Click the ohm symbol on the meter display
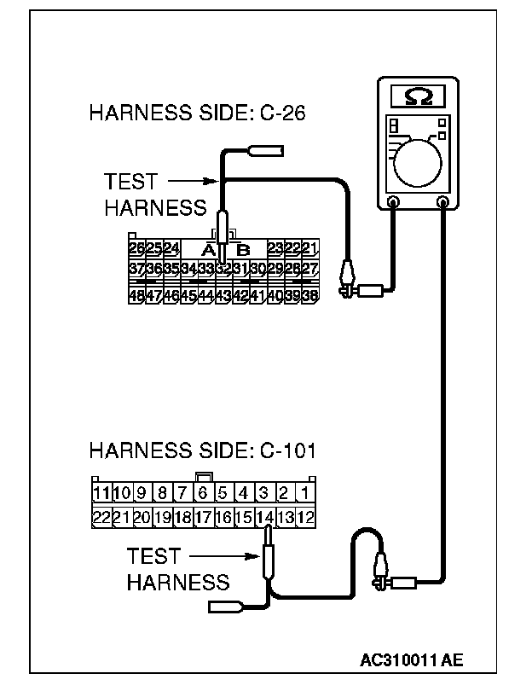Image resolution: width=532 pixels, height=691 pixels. [419, 97]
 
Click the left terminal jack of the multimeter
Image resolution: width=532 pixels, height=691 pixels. [393, 203]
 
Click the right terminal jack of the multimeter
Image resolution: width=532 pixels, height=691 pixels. [442, 203]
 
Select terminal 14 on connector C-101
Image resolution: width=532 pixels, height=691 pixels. [265, 517]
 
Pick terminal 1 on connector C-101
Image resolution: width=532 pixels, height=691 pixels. [306, 492]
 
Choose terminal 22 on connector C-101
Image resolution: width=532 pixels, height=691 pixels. [101, 517]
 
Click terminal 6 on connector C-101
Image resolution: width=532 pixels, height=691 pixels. [203, 492]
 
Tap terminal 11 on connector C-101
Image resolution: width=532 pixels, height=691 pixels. [101, 492]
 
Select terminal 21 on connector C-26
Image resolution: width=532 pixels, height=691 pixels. [310, 248]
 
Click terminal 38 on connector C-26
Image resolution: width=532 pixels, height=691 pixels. [310, 295]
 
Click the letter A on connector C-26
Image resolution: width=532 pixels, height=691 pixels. [206, 250]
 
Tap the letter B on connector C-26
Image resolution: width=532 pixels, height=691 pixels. [243, 250]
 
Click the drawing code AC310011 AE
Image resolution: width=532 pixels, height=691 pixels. [412, 659]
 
